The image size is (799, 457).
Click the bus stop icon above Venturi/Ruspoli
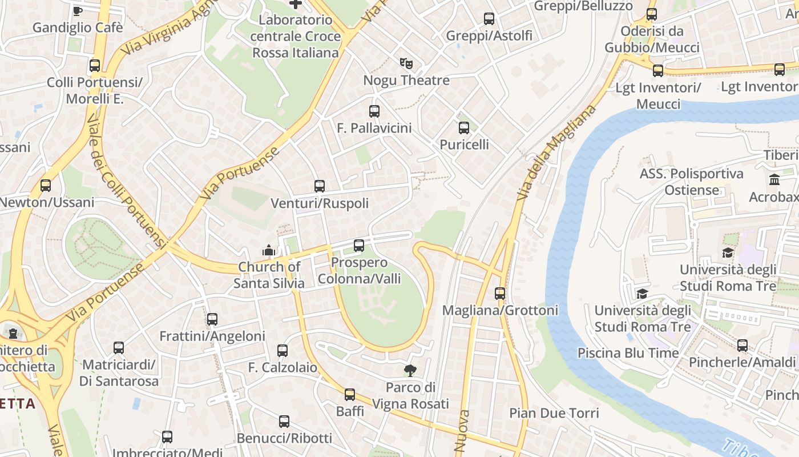pyautogui.click(x=320, y=186)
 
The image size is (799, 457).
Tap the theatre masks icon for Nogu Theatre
pyautogui.click(x=406, y=63)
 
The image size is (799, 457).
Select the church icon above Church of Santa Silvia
pyautogui.click(x=268, y=250)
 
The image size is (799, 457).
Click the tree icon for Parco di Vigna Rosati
pyautogui.click(x=410, y=371)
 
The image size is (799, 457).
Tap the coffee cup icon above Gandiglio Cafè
pyautogui.click(x=78, y=10)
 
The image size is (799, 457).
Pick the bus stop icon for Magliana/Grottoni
pyautogui.click(x=500, y=294)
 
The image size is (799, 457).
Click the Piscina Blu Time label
pyautogui.click(x=628, y=352)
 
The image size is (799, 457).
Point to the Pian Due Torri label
pyautogui.click(x=554, y=413)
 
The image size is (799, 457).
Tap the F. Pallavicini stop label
pyautogui.click(x=374, y=128)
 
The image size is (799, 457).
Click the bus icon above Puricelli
pyautogui.click(x=464, y=128)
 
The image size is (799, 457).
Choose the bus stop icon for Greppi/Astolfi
pyautogui.click(x=489, y=19)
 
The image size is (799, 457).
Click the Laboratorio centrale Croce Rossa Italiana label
pyautogui.click(x=295, y=36)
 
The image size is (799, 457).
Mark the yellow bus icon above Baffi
pyautogui.click(x=350, y=395)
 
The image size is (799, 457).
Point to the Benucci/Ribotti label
pyautogui.click(x=284, y=438)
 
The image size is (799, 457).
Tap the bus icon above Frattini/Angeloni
pyautogui.click(x=212, y=319)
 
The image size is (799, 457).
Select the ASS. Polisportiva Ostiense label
pyautogui.click(x=691, y=182)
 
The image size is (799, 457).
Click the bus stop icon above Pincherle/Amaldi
pyautogui.click(x=742, y=346)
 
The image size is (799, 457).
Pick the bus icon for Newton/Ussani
pyautogui.click(x=46, y=186)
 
